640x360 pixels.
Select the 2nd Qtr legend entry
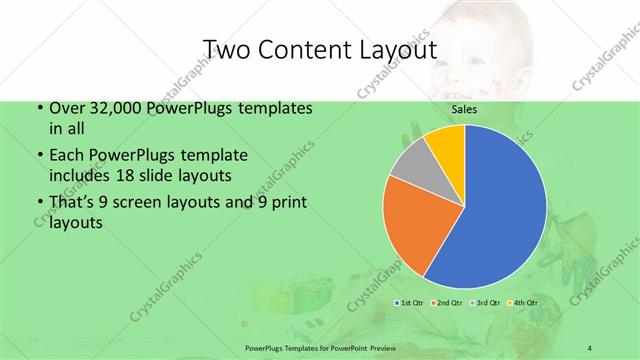pyautogui.click(x=447, y=302)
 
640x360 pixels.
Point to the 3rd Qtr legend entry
pyautogui.click(x=485, y=302)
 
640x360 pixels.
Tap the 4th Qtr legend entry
pyautogui.click(x=523, y=302)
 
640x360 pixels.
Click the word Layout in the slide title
pyautogui.click(x=396, y=50)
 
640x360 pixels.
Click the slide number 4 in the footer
pyautogui.click(x=590, y=347)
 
